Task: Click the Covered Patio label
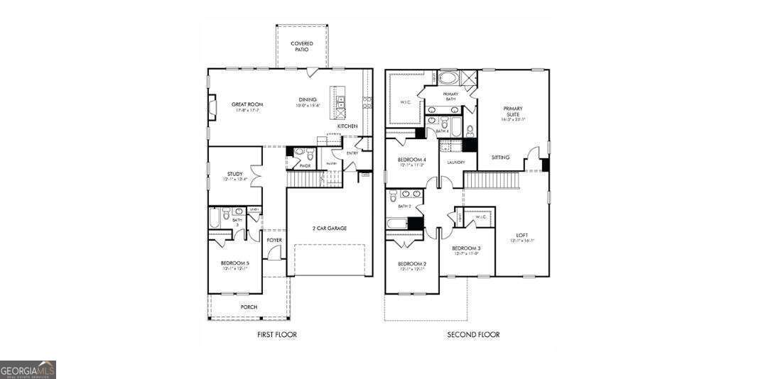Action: click(x=302, y=47)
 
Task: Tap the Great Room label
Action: click(x=247, y=104)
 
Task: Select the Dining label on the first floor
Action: click(x=308, y=99)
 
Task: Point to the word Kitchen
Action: click(x=347, y=126)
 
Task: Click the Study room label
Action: click(x=235, y=173)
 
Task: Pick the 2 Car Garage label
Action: click(x=330, y=228)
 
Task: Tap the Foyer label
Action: click(x=274, y=240)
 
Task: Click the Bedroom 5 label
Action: click(x=234, y=263)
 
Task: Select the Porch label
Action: click(x=249, y=307)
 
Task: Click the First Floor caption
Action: click(x=276, y=334)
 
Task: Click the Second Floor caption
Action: click(x=473, y=334)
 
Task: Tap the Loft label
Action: click(x=522, y=235)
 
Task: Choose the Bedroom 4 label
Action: click(x=411, y=160)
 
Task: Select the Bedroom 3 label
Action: click(x=467, y=248)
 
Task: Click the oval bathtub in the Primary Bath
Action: click(x=450, y=78)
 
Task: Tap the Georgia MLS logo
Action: click(x=28, y=370)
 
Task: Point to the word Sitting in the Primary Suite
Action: click(x=500, y=157)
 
